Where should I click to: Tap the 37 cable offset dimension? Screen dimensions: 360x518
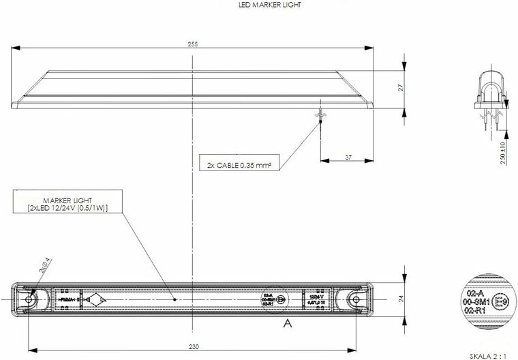[x=348, y=157]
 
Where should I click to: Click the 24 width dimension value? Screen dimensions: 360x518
[x=402, y=299]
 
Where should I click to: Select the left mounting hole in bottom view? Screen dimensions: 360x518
[x=29, y=299]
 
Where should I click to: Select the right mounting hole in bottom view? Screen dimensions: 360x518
[x=355, y=299]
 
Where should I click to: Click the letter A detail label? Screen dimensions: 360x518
[x=287, y=323]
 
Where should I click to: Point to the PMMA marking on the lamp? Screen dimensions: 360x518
[x=67, y=299]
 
